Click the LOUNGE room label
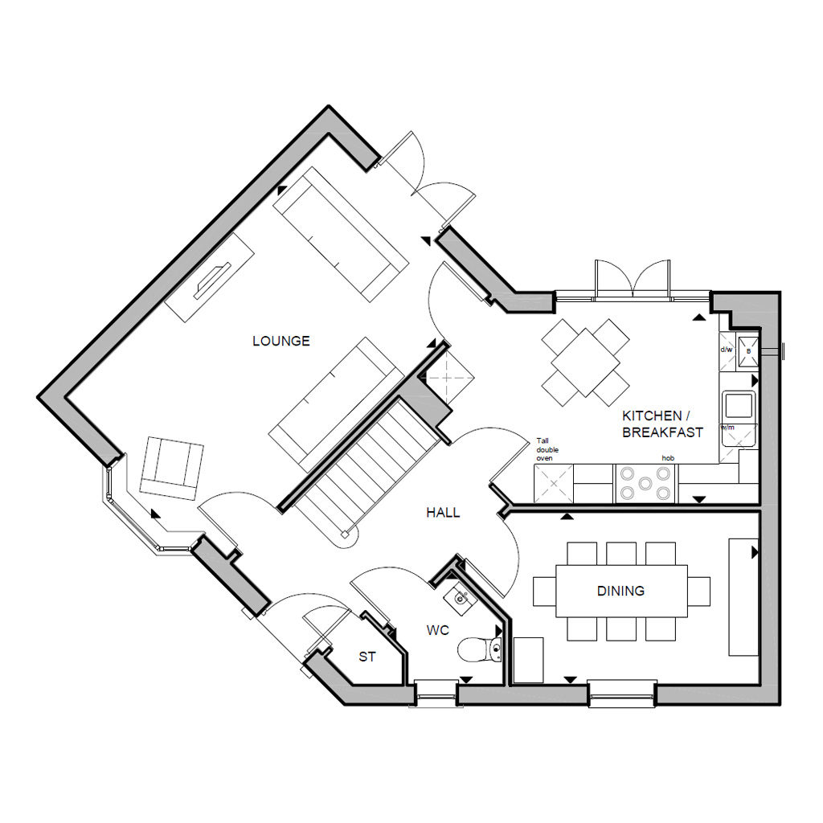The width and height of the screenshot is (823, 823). click(x=280, y=341)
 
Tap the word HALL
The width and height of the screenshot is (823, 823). click(x=443, y=512)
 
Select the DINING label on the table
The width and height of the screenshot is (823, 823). click(x=620, y=591)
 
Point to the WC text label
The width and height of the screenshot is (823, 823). click(x=438, y=631)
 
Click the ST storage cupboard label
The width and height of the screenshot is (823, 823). click(x=367, y=657)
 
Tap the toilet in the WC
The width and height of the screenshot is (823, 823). click(x=481, y=649)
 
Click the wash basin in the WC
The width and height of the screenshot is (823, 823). click(x=459, y=597)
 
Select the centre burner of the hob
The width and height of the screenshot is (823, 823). click(x=646, y=485)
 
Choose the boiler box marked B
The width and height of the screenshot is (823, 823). click(x=748, y=351)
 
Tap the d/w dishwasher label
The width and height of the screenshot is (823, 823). click(x=727, y=350)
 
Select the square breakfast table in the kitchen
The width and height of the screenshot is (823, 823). click(x=585, y=361)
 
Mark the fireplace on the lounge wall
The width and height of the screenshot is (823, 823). click(x=211, y=276)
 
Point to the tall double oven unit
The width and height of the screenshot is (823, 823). click(x=552, y=484)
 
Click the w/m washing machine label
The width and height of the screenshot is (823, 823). click(x=728, y=427)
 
